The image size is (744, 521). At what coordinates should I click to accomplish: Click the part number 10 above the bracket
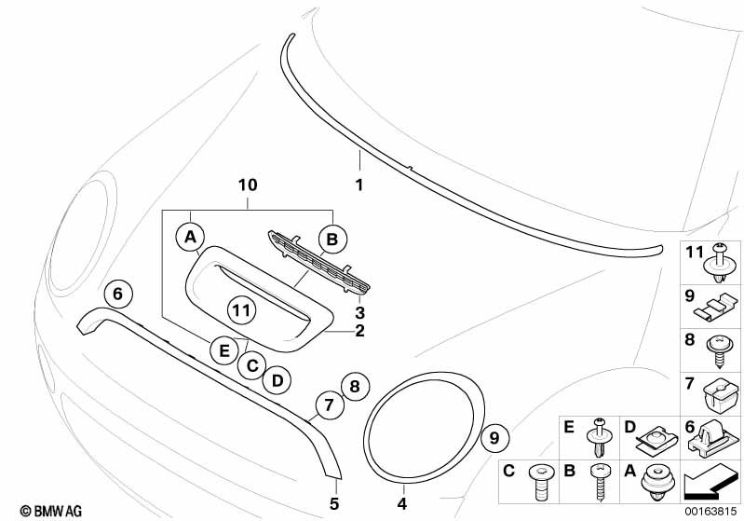(247, 185)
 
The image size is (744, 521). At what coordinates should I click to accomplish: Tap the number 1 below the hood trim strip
(359, 185)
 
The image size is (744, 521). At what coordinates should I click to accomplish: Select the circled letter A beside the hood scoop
(191, 238)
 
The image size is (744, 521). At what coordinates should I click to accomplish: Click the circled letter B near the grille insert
(331, 240)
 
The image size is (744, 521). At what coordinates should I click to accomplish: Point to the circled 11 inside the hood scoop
(241, 308)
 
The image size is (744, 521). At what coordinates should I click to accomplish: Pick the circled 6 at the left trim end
(117, 293)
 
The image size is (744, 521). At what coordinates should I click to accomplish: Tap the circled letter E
(222, 351)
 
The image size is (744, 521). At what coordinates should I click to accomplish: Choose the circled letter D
(276, 379)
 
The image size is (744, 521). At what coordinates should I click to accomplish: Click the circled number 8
(353, 384)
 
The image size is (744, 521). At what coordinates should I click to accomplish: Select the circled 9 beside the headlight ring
(496, 435)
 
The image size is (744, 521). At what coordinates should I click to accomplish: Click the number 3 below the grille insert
(359, 312)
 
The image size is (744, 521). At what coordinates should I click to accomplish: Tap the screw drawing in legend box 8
(722, 350)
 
